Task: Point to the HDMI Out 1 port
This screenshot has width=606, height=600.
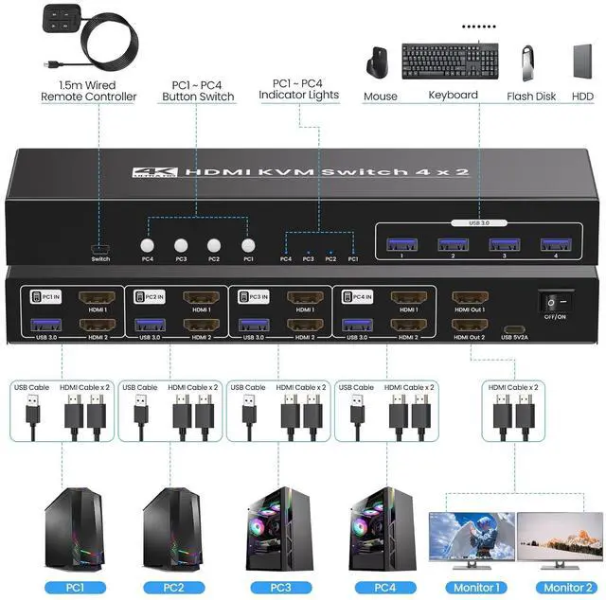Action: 470,298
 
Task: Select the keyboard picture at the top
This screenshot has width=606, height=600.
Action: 452,62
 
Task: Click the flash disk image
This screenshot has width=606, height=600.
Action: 530,62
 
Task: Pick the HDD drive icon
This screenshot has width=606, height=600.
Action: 581,62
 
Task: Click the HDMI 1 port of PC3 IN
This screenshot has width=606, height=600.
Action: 304,297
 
